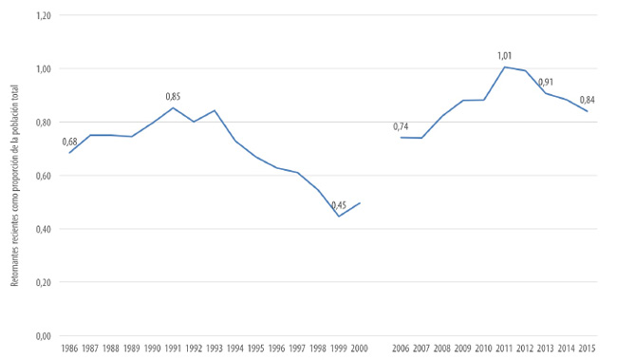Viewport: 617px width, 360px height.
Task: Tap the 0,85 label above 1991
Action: point(173,96)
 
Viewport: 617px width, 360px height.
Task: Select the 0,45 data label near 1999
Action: point(338,205)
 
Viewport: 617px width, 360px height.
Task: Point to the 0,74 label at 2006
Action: point(402,127)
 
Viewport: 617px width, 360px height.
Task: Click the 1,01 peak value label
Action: point(505,56)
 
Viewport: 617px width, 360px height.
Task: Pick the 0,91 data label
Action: point(546,82)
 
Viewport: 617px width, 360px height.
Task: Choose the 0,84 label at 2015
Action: point(587,101)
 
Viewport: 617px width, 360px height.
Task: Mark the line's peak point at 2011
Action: point(505,66)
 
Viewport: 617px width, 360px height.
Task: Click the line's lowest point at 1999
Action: point(339,216)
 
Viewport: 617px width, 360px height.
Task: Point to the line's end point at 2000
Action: point(360,203)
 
